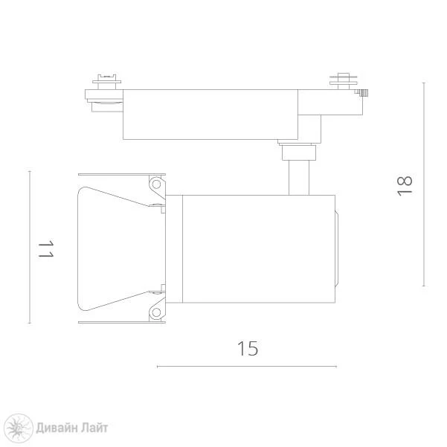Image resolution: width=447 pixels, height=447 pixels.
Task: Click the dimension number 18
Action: [405, 186]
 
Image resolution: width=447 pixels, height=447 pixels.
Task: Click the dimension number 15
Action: [248, 348]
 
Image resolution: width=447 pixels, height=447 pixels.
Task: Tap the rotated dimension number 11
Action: [46, 249]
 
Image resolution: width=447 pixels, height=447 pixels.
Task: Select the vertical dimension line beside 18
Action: [424, 184]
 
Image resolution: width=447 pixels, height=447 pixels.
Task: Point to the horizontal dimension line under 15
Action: [247, 367]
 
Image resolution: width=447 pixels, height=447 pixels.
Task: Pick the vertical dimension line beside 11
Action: [30, 247]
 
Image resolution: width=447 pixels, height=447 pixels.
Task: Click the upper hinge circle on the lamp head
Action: [156, 184]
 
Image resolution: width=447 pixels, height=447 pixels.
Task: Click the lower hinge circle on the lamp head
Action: [156, 312]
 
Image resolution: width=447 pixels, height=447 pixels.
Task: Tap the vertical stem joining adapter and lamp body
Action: [299, 178]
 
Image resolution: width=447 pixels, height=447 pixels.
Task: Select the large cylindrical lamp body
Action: [259, 249]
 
